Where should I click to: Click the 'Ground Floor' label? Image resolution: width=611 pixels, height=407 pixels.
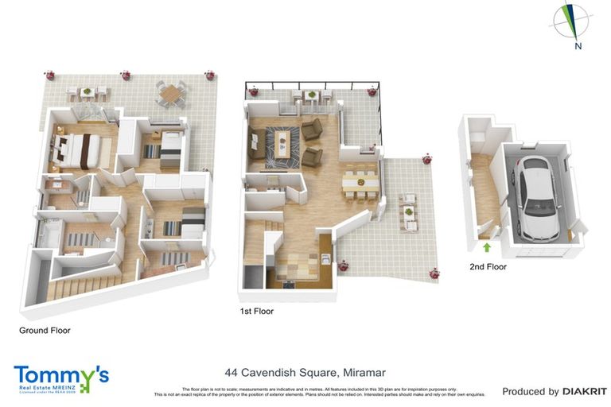click(45, 330)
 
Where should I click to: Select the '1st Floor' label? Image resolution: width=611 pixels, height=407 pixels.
click(257, 312)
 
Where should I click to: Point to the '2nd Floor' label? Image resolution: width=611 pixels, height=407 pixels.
click(487, 267)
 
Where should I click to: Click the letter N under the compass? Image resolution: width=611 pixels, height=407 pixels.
click(578, 46)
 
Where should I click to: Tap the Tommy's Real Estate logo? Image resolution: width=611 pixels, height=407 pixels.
click(61, 378)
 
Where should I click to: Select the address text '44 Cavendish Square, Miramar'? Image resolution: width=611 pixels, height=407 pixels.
click(305, 371)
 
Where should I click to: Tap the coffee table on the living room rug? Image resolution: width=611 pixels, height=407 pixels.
click(281, 143)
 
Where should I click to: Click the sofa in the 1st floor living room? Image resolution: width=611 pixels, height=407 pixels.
click(257, 144)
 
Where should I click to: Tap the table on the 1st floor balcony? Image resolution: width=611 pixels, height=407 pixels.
click(310, 95)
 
